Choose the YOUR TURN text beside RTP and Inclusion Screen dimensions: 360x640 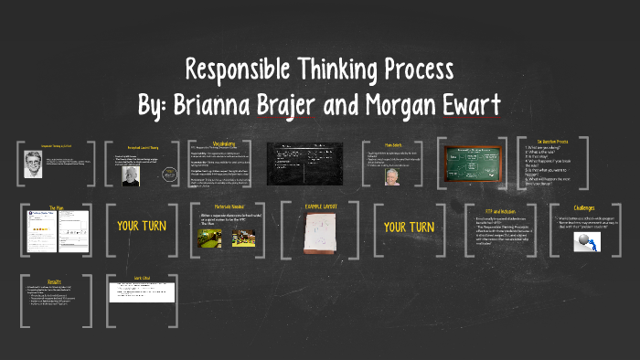pos(409,226)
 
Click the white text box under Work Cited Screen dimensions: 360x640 pos(143,292)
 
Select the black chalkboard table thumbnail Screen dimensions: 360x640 pos(304,160)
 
